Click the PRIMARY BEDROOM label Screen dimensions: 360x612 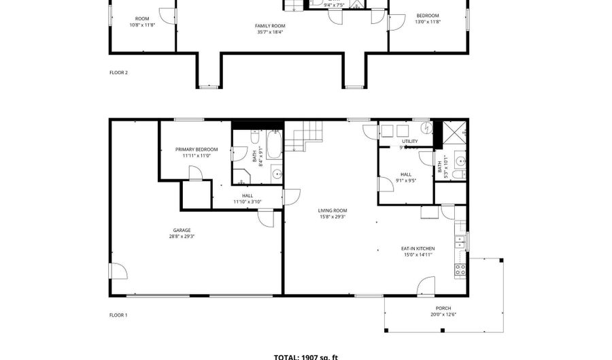(197, 149)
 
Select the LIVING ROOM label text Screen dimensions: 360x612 (333, 210)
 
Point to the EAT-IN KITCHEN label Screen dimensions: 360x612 (418, 248)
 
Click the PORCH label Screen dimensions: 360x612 (443, 308)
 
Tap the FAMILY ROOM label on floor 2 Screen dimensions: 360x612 (269, 25)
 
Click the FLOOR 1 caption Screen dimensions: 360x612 (118, 315)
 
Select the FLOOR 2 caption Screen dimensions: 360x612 (118, 72)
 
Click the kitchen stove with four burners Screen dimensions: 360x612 (460, 269)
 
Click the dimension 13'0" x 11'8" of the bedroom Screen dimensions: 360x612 (427, 22)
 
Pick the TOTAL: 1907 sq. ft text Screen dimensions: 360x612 (305, 357)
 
